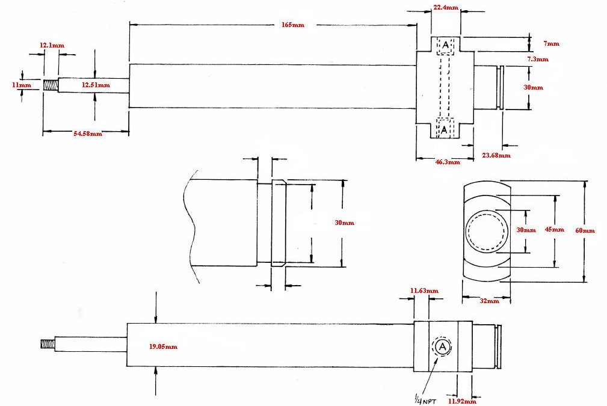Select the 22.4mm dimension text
click(x=446, y=7)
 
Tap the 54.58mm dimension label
click(x=88, y=134)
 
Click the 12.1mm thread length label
click(x=52, y=46)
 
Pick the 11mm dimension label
click(x=10, y=85)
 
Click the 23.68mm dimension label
click(x=496, y=156)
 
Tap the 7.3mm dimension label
click(x=537, y=60)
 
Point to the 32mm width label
click(x=489, y=301)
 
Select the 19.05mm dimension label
click(x=163, y=347)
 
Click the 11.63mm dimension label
click(x=424, y=291)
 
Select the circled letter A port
click(x=442, y=346)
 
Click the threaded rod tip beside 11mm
click(x=49, y=85)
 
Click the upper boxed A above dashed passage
click(x=446, y=45)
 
